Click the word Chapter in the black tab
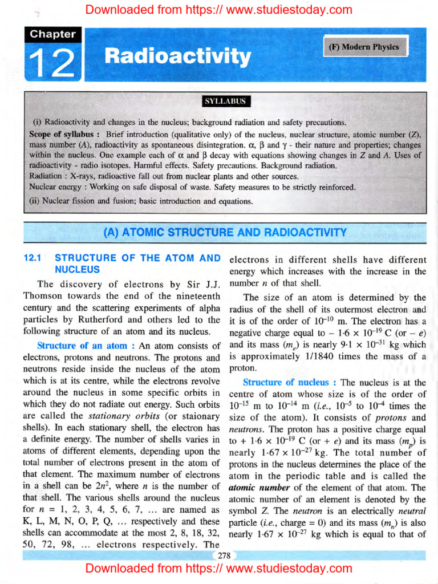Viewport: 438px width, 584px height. [x=53, y=34]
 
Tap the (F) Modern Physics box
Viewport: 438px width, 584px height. [x=364, y=47]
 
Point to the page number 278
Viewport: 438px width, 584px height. [x=223, y=556]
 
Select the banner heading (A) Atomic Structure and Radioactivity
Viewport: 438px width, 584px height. [x=225, y=232]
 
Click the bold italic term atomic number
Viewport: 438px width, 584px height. [x=254, y=488]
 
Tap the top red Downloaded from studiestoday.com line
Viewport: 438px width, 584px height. [x=219, y=9]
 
